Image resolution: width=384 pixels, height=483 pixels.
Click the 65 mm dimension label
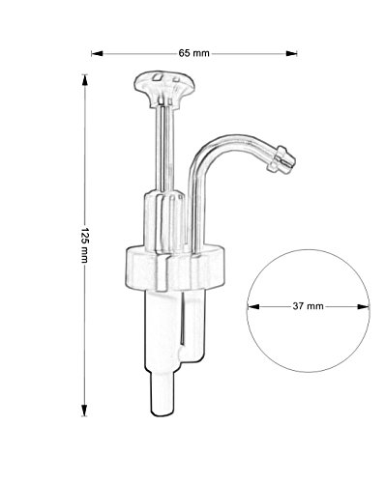click(x=193, y=53)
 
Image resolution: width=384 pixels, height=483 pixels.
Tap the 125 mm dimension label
click(x=84, y=244)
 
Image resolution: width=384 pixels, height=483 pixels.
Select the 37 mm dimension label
click(x=308, y=306)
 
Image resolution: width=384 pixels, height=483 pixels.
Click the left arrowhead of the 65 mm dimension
click(x=97, y=53)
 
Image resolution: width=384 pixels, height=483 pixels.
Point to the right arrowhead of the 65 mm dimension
click(x=291, y=53)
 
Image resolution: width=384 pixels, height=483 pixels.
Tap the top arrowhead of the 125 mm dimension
click(x=85, y=80)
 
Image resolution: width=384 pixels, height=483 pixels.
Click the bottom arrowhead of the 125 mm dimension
click(x=84, y=411)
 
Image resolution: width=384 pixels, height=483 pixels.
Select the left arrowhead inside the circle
click(x=253, y=306)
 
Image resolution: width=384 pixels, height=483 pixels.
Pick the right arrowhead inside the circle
click(x=364, y=306)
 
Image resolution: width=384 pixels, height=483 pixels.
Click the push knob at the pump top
click(x=164, y=88)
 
